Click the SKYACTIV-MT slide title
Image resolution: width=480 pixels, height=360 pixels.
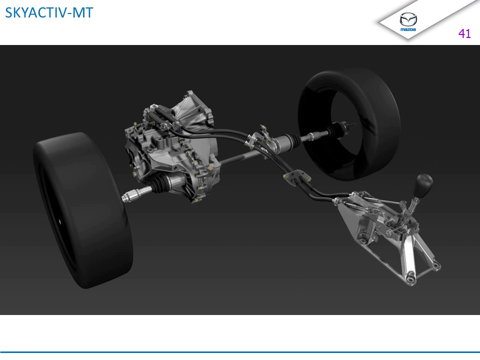point(49,12)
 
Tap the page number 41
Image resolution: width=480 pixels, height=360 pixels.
point(464,33)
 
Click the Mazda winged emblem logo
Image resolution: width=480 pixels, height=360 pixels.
point(408,19)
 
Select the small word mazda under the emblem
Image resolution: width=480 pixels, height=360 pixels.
point(408,29)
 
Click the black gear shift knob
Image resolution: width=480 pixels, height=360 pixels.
point(423,185)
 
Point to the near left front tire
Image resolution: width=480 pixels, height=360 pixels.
point(82,210)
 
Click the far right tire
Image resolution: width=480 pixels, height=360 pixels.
point(349,124)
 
